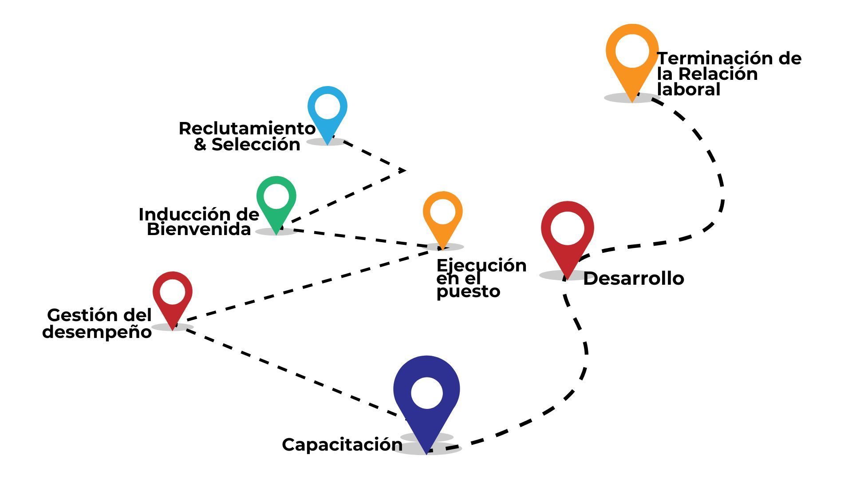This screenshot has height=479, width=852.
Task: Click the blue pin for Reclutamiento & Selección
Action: click(327, 111)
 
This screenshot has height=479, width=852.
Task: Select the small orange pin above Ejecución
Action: click(442, 215)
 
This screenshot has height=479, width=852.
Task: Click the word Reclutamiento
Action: click(247, 129)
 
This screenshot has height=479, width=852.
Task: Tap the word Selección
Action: click(256, 145)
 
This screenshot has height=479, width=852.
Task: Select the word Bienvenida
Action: click(199, 230)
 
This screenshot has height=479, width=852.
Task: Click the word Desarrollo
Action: click(633, 279)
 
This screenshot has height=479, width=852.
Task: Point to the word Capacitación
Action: click(342, 444)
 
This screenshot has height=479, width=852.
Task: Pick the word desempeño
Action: click(97, 332)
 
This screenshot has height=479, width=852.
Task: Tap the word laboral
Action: click(688, 90)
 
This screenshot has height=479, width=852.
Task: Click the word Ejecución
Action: click(481, 266)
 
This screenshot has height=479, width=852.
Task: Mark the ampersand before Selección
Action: click(200, 145)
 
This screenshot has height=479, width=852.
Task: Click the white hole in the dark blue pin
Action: click(426, 393)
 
